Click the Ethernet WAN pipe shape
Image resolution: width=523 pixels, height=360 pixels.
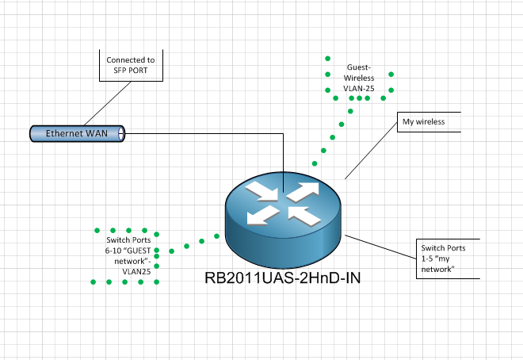(78, 134)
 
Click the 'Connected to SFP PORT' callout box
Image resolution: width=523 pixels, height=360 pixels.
(130, 65)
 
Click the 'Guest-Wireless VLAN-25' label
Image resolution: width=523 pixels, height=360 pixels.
(360, 79)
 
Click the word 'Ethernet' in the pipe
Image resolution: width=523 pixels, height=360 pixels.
(65, 134)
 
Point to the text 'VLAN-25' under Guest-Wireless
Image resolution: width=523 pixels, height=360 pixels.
(360, 89)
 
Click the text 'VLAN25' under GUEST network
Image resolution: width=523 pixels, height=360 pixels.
(136, 270)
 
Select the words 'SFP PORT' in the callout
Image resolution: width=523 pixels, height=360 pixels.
(130, 71)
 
